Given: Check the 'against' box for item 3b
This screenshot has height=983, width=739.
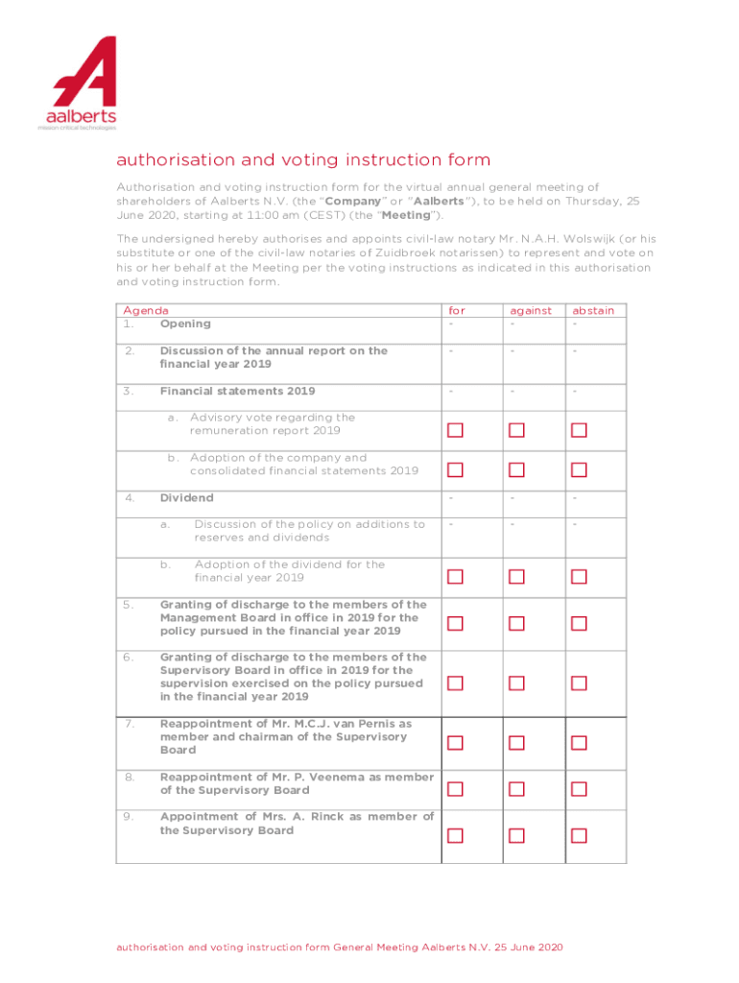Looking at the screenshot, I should point(516,470).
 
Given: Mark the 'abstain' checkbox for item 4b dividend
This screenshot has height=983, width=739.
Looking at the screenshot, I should point(579,577).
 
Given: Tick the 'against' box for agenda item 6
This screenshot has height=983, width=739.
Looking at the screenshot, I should point(516,683).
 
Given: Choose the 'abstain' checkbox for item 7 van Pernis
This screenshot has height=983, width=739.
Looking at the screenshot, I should point(579,742).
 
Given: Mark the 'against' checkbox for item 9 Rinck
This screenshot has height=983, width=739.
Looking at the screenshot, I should point(516,835).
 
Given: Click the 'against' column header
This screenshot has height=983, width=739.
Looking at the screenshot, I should point(531,310).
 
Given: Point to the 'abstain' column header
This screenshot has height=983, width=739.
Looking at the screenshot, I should point(593,310).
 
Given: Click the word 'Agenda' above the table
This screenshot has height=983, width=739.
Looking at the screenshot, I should point(146,310).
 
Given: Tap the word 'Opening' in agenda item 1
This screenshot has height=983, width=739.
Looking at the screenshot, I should point(185,324).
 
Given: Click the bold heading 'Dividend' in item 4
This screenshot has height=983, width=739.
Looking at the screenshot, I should point(186,498).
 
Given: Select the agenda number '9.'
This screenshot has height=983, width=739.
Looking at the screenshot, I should point(128,817).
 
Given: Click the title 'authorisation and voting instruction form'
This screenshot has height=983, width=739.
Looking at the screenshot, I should point(303,159).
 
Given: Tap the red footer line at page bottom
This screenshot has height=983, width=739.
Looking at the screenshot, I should point(340,947).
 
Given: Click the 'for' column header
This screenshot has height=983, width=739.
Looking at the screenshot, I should point(456,310).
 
